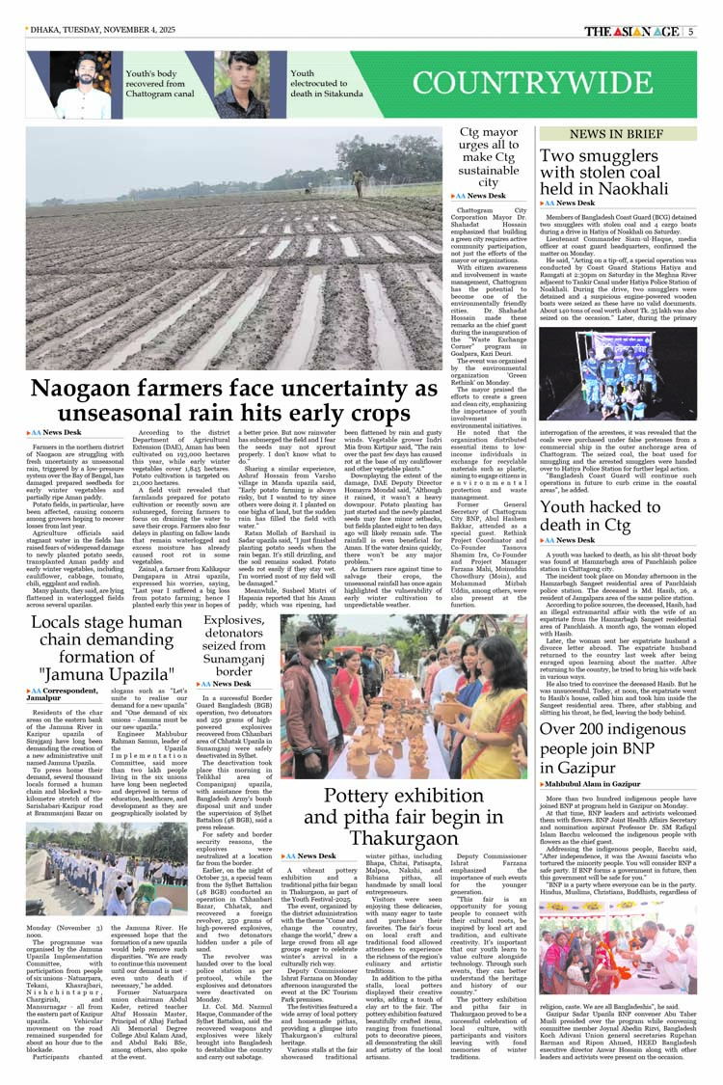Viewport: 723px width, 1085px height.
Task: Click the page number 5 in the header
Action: [690, 31]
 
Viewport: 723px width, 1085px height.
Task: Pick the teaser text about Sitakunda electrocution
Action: [328, 85]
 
